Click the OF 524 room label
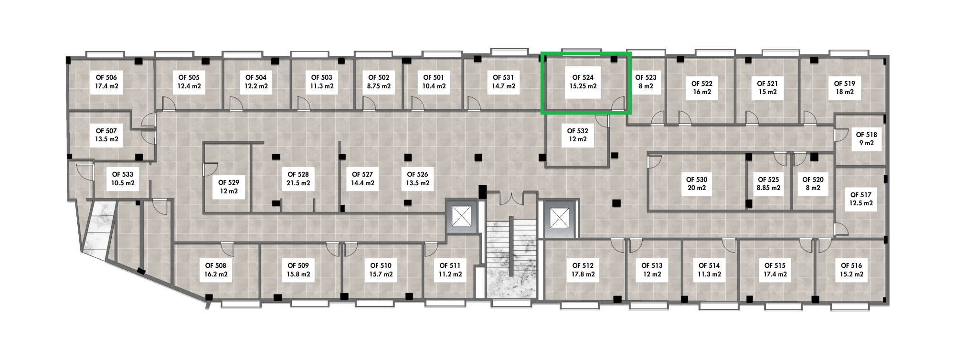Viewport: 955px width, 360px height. click(x=583, y=77)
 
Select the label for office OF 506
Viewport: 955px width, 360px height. click(x=106, y=77)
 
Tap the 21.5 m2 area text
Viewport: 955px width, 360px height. click(x=298, y=183)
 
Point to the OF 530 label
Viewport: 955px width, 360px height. click(x=697, y=180)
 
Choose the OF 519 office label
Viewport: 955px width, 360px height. click(x=844, y=84)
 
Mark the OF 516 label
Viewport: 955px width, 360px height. click(x=851, y=265)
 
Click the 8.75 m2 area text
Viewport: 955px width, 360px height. click(x=379, y=86)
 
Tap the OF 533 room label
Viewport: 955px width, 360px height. click(x=123, y=175)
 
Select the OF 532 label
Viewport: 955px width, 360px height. click(x=577, y=131)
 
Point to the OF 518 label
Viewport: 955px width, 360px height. click(x=866, y=135)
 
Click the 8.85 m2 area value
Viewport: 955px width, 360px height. click(x=768, y=188)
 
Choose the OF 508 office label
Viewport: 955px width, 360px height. click(x=216, y=265)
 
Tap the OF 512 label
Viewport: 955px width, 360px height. click(x=583, y=265)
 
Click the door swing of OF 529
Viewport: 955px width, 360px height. click(x=210, y=168)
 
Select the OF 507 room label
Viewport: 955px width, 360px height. click(x=106, y=131)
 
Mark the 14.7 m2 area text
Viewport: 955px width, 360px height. click(x=503, y=86)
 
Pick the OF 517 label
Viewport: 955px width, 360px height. click(x=861, y=195)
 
